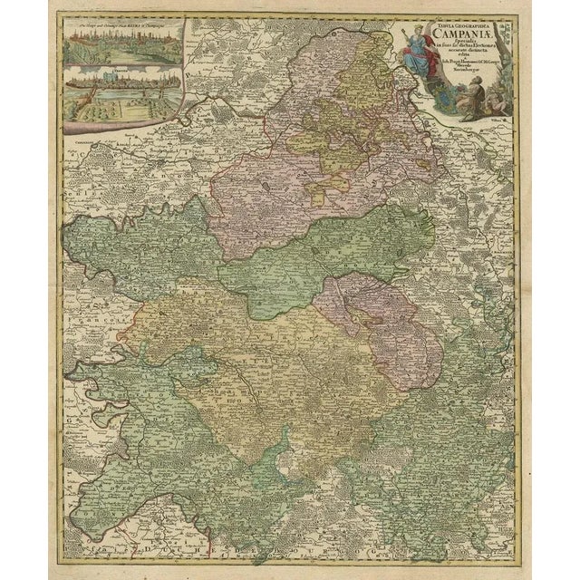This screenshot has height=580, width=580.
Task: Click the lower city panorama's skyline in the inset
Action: [118, 89]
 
